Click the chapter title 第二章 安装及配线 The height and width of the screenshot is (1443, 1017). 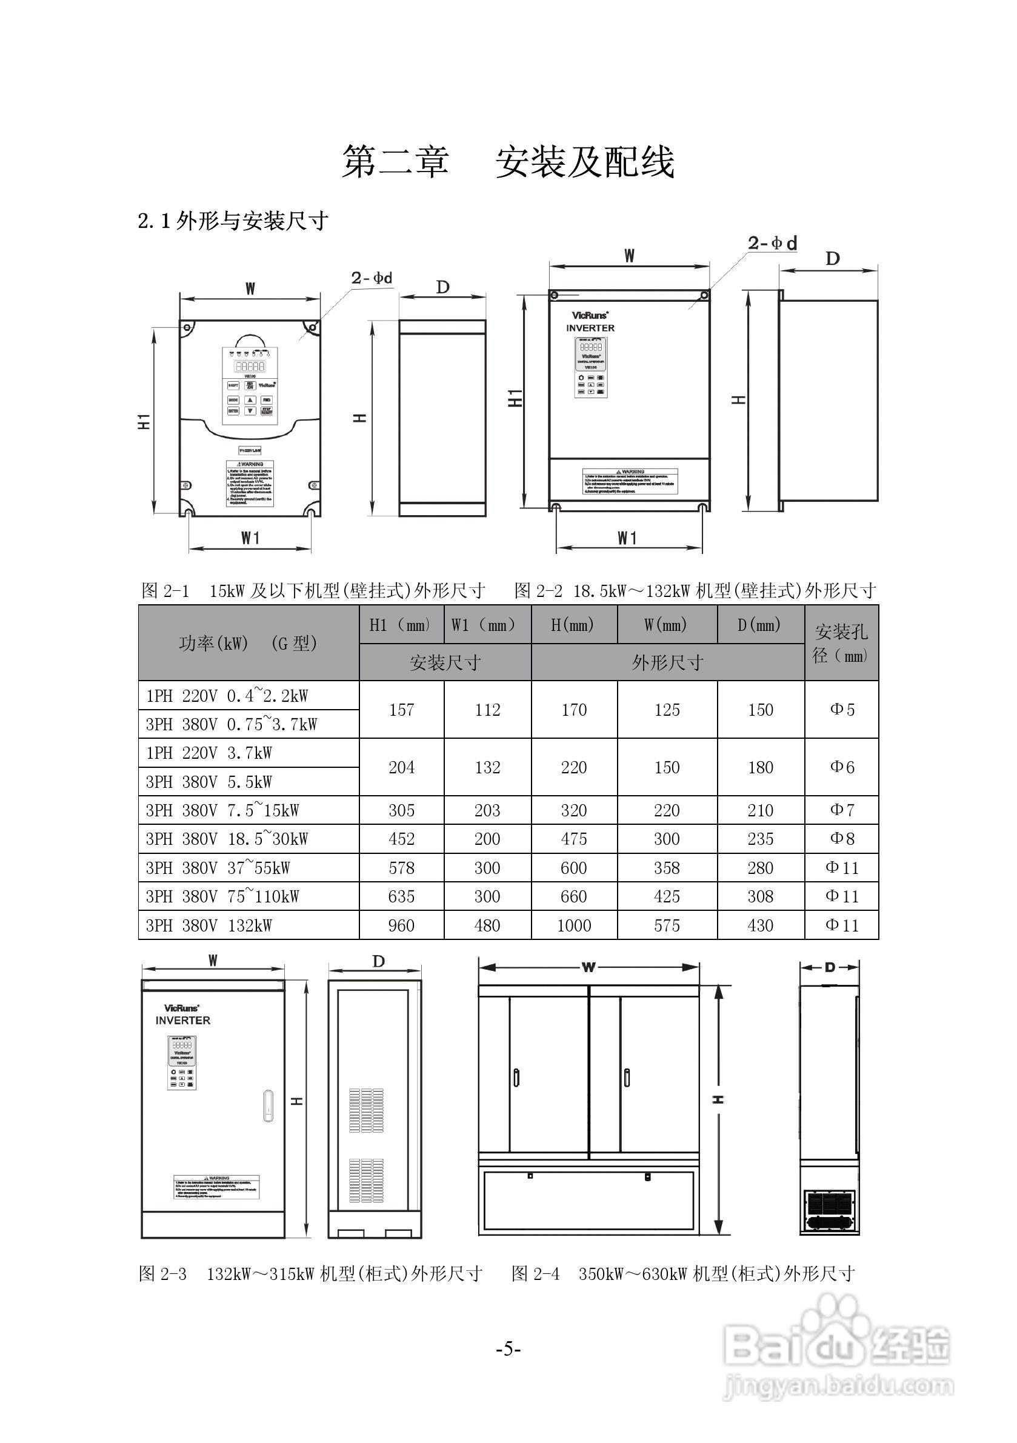(508, 162)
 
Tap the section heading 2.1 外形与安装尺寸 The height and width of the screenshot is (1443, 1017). (233, 221)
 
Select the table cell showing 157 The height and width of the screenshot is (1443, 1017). (401, 710)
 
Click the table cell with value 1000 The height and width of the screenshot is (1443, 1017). (574, 925)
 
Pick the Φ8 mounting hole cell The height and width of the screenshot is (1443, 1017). (842, 838)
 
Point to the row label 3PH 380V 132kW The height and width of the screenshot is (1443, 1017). (208, 925)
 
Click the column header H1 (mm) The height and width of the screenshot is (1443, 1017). (401, 625)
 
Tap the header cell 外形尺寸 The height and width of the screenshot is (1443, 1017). (667, 662)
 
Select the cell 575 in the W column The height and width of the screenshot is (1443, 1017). (666, 925)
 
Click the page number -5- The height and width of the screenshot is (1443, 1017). (508, 1348)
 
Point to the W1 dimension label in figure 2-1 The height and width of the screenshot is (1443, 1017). (250, 538)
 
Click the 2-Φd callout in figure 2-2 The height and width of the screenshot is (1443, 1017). (773, 243)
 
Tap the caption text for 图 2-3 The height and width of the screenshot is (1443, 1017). (310, 1274)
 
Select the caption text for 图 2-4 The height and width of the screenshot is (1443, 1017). (683, 1274)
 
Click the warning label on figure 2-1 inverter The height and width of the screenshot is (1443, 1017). (250, 482)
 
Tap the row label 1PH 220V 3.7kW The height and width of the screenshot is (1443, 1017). (208, 753)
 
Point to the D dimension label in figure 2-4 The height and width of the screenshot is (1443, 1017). (830, 967)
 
